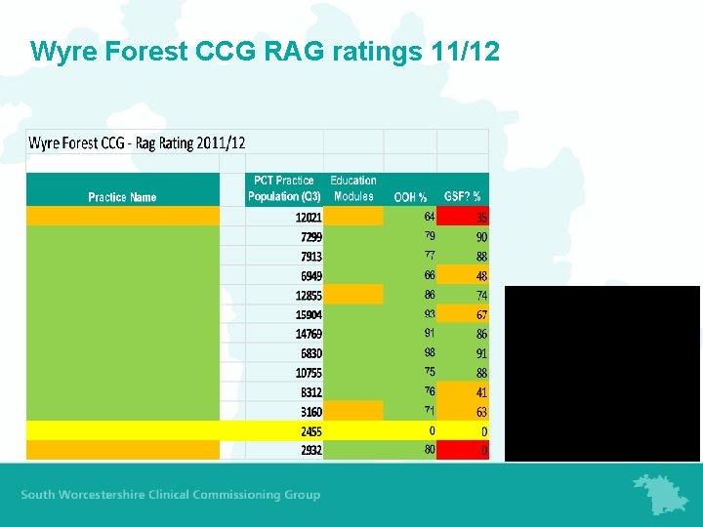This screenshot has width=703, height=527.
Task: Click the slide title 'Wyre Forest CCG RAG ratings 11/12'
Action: pos(265,51)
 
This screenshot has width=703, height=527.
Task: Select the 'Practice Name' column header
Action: pos(122,197)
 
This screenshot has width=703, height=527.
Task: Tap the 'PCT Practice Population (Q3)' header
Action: pos(281,188)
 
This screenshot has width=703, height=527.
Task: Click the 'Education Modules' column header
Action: pos(353,188)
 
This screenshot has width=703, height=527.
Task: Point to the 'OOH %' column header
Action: pos(410,197)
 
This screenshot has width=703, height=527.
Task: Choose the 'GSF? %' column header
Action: pos(463,197)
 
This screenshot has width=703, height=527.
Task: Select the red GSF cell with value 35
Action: pos(481,217)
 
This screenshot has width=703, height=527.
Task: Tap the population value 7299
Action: pos(310,236)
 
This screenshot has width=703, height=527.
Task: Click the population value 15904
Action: pos(309,314)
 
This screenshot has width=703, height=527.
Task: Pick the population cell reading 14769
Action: pos(309,334)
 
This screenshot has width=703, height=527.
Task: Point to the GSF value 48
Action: pos(481,275)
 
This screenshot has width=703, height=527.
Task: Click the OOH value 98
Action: pos(430,352)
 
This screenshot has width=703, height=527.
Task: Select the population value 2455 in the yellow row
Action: pos(310,430)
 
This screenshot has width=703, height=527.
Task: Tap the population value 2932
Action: pos(310,450)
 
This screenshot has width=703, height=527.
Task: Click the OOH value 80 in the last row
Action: pos(430,450)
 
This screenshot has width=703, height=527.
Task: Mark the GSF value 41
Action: pos(481,391)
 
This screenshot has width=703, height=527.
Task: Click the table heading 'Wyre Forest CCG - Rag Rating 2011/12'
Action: pos(137,143)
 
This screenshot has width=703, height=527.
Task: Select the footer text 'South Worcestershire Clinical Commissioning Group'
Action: pos(170,495)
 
